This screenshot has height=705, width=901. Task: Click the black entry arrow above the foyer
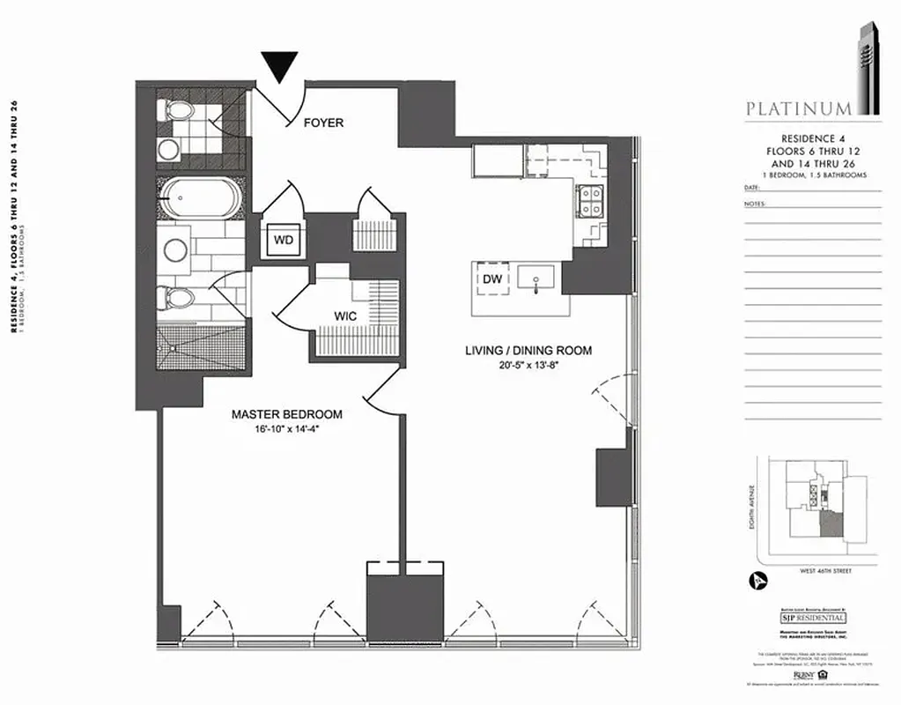(279, 67)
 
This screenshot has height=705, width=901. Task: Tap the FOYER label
(323, 122)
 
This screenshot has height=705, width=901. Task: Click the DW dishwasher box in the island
(492, 279)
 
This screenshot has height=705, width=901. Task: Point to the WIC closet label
(344, 315)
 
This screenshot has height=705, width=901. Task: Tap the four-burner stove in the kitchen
(590, 202)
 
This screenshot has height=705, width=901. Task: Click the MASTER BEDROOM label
(286, 413)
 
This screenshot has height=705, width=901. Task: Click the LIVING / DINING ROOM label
(528, 351)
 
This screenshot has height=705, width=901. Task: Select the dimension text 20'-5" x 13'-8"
(528, 366)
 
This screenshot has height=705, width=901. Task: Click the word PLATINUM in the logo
(799, 109)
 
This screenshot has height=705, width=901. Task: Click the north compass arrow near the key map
(756, 581)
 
